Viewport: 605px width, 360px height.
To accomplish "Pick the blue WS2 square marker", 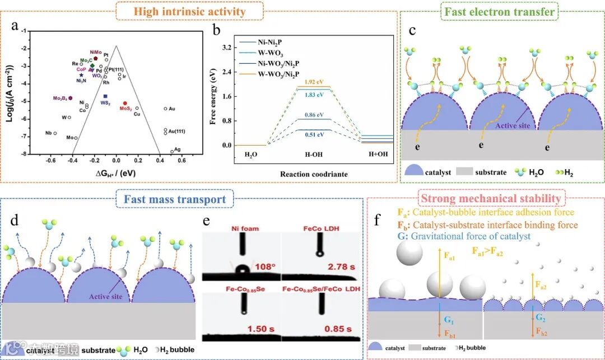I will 105,97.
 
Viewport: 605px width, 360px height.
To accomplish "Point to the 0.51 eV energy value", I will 313,134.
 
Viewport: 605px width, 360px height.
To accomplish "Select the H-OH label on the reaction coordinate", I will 314,154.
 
